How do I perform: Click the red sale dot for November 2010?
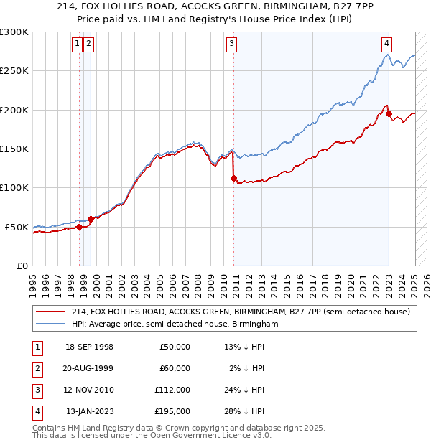[x=234, y=178]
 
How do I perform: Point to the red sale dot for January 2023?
[x=389, y=113]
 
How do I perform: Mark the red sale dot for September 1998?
[x=79, y=227]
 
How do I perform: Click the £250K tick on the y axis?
[x=15, y=71]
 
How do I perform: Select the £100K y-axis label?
[x=15, y=187]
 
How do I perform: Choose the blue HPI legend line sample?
[x=50, y=324]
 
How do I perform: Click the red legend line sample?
[x=50, y=311]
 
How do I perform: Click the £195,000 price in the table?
[x=173, y=411]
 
